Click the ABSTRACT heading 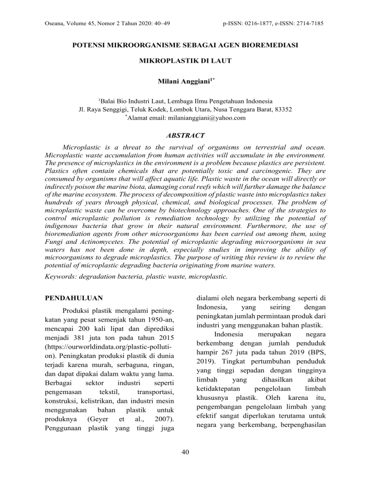(x=185, y=136)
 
